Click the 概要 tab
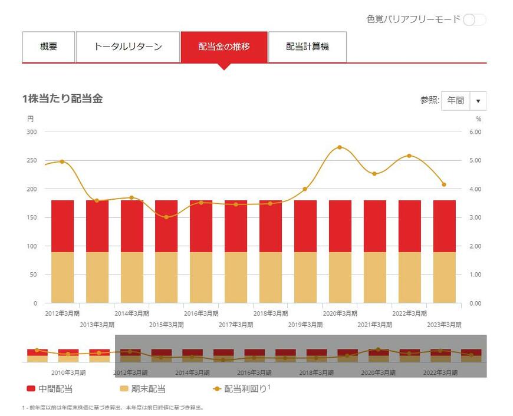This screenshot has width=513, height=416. tap(49, 47)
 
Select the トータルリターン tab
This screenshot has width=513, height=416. tap(128, 47)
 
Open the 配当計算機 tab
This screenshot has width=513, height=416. tap(307, 47)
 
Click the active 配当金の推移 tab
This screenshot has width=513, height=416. tap(223, 47)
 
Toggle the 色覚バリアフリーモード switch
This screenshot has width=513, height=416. tap(474, 19)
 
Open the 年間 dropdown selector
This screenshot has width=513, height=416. tap(463, 101)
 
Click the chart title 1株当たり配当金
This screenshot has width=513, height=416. tap(63, 99)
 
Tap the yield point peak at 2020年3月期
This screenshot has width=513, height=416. tap(340, 147)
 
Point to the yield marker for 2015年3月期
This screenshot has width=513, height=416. tap(166, 217)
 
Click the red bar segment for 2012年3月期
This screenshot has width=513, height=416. tap(63, 226)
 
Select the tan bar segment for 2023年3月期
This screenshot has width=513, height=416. tap(445, 278)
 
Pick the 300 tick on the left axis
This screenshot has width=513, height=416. tap(32, 132)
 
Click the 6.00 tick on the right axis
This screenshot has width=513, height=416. tap(475, 132)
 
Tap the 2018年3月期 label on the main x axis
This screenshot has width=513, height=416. tap(270, 313)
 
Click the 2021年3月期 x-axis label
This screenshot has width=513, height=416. tap(374, 325)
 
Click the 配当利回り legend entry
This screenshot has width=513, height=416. tap(241, 389)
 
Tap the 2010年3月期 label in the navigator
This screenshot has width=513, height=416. tap(68, 372)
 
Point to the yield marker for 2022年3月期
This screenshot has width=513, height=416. tap(409, 156)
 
